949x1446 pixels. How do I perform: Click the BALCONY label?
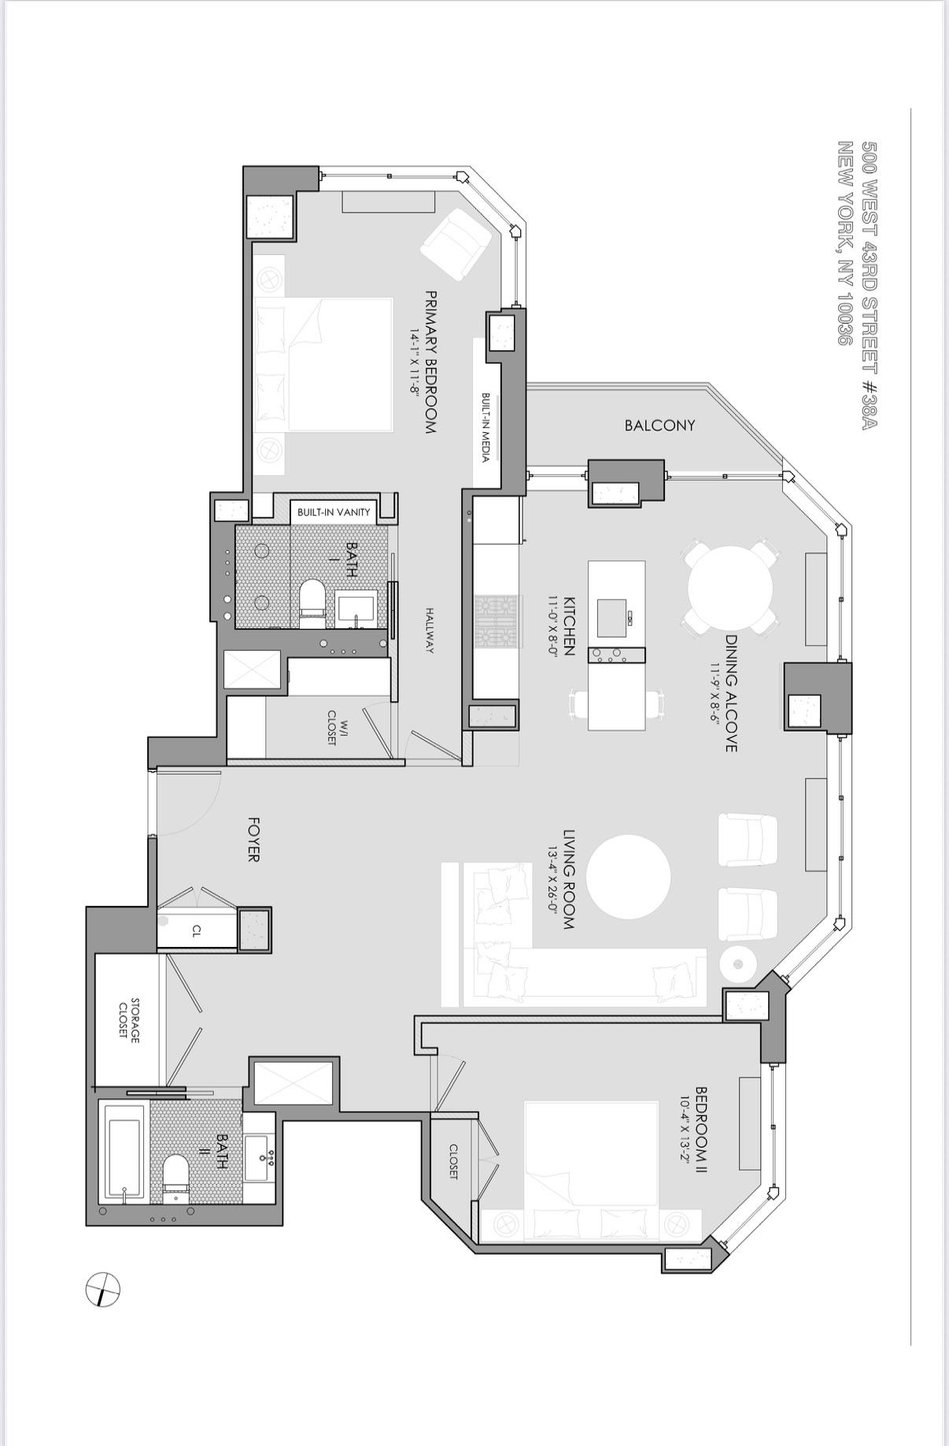click(659, 426)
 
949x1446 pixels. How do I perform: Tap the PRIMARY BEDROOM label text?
click(430, 362)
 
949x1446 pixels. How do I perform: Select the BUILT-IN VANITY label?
click(334, 512)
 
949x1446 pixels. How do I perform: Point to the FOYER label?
click(253, 839)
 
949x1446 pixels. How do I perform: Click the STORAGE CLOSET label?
click(128, 1019)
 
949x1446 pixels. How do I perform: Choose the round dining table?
click(730, 588)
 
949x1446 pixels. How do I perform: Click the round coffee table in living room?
click(628, 876)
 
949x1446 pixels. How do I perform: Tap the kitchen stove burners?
click(497, 621)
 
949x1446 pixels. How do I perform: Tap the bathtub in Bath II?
click(124, 1154)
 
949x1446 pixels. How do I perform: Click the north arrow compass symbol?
click(102, 1289)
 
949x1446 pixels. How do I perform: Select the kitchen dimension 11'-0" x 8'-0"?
click(554, 626)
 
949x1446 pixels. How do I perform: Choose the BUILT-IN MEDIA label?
click(486, 428)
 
